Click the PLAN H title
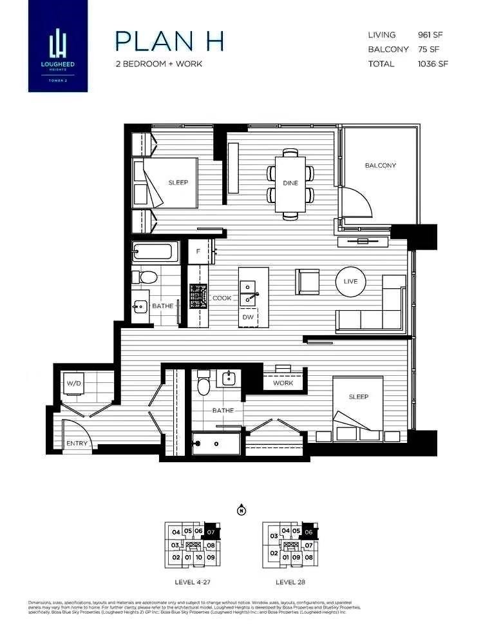(169, 41)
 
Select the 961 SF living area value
(433, 35)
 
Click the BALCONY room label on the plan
(380, 166)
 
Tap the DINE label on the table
(290, 183)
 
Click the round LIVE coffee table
(350, 282)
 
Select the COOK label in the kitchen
(222, 298)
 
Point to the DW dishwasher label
(248, 317)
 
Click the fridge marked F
(198, 251)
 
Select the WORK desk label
(283, 383)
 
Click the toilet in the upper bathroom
(147, 278)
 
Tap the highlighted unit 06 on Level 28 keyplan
(308, 532)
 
